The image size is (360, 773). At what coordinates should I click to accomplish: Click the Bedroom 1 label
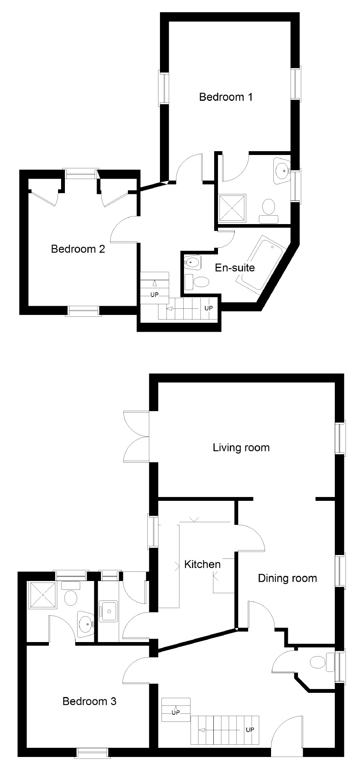point(226,97)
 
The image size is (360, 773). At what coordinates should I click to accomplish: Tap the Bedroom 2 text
point(78,249)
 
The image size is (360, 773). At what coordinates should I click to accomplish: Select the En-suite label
point(235,268)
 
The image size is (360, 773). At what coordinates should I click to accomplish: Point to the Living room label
point(241,448)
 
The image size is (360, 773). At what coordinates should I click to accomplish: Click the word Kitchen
point(202,565)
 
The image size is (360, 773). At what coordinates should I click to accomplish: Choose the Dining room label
point(287,578)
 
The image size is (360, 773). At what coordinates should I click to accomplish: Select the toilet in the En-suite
point(197,282)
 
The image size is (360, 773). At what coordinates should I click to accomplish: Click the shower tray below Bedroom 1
point(232,208)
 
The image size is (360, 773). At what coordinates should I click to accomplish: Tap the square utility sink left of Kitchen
point(109,611)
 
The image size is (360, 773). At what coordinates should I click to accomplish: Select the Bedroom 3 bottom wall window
point(93,752)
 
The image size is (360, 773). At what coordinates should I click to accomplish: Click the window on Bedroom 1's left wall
point(164,88)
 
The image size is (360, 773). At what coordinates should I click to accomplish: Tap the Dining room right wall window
point(340,570)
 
